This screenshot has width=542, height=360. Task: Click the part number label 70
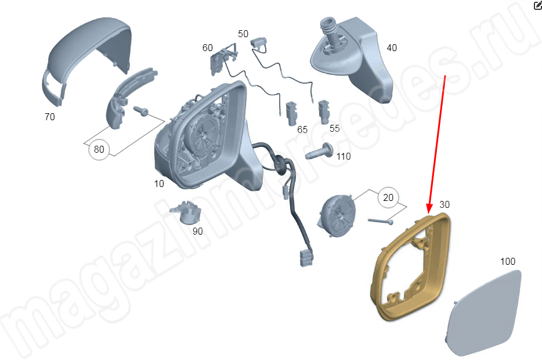50,117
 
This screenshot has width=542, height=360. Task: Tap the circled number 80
99,149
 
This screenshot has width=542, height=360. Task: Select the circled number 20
388,197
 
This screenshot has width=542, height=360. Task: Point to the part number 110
344,156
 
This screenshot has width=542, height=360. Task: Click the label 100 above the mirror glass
508,261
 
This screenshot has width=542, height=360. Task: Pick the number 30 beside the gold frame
445,204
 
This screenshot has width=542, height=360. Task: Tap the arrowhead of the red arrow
429,208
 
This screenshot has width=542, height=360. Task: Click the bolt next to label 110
319,152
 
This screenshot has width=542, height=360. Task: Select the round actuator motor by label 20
337,215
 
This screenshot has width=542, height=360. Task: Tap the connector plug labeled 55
324,112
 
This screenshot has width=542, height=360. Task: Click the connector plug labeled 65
291,114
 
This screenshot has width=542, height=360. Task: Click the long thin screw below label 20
380,221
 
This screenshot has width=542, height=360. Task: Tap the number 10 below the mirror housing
159,183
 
